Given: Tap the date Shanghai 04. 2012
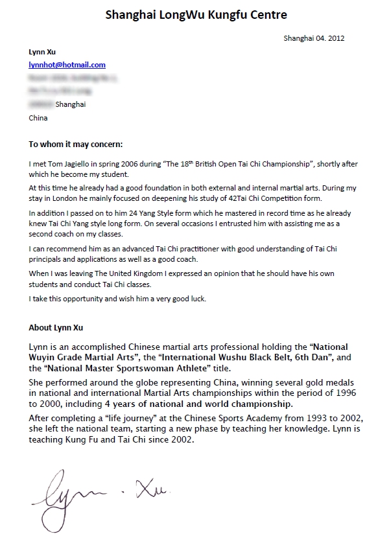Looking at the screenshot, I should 314,38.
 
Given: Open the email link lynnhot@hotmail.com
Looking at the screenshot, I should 67,65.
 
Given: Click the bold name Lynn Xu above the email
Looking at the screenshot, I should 42,51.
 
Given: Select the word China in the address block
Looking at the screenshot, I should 38,118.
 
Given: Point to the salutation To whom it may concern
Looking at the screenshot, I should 76,144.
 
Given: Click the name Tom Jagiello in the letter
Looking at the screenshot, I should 72,164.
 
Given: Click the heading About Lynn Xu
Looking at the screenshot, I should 56,327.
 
